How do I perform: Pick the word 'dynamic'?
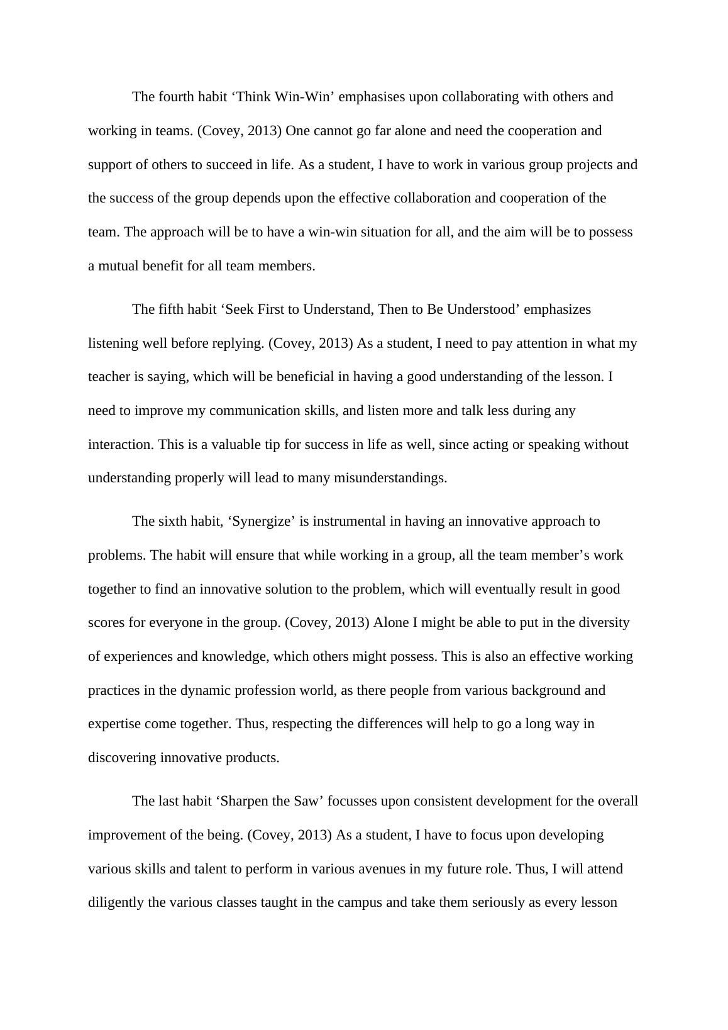click(206, 690)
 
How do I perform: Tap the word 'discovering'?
click(123, 758)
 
